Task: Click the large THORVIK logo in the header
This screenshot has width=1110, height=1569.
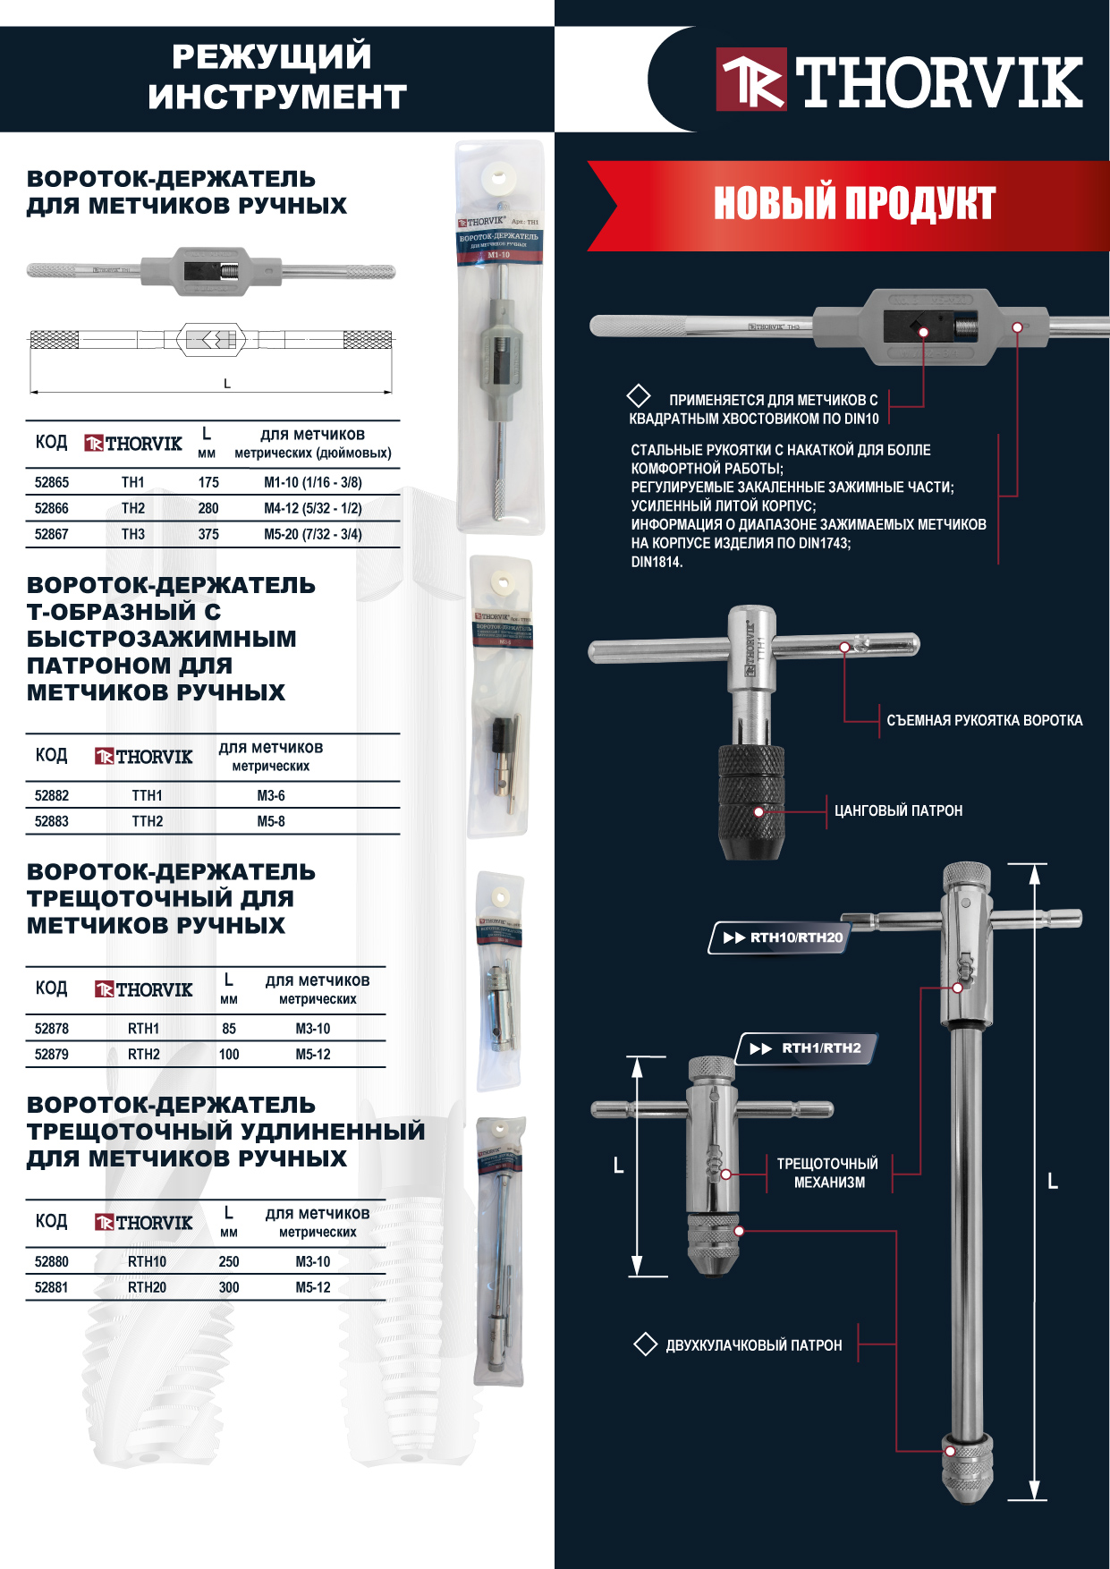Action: point(899,81)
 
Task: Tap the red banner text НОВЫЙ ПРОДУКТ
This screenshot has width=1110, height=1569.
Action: point(853,204)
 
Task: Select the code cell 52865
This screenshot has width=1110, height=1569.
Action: point(52,482)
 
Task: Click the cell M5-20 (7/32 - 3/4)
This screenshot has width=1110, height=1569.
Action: point(312,534)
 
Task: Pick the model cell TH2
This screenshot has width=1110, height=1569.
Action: point(133,508)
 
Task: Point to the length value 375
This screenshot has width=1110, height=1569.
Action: point(208,534)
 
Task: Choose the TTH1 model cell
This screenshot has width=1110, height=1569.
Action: point(147,795)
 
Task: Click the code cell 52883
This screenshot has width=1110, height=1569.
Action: point(52,821)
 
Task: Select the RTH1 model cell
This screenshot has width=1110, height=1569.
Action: point(143,1029)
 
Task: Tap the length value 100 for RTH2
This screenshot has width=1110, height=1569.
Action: point(229,1055)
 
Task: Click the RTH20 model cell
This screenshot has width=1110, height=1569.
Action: point(147,1287)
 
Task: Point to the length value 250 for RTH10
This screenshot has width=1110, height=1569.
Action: point(229,1261)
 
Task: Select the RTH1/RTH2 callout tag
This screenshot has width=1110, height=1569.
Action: point(808,1048)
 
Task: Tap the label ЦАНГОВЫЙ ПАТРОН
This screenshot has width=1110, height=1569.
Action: point(898,810)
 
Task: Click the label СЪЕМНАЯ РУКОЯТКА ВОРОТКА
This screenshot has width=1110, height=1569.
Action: point(984,720)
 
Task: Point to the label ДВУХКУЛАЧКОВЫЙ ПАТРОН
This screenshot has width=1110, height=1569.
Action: point(753,1345)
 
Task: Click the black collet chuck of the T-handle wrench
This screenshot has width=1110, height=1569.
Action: point(751,801)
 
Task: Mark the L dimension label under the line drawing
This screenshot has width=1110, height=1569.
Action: point(227,384)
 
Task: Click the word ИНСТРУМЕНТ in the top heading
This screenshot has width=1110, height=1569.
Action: point(277,97)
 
